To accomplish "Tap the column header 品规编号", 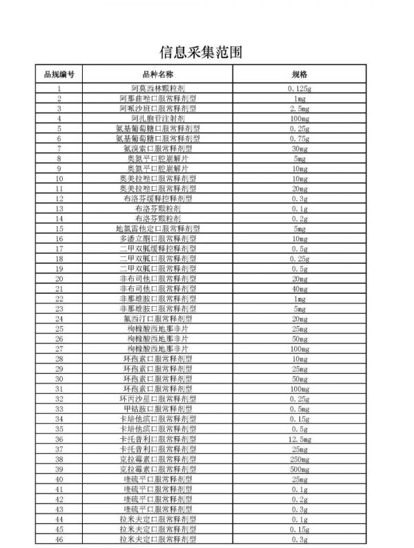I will (59, 74).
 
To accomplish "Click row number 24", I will (59, 319).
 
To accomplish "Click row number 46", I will (59, 538).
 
